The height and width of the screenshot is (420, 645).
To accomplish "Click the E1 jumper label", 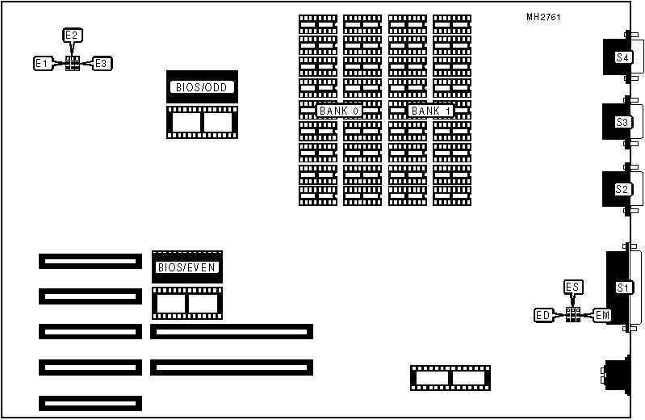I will (x=43, y=63).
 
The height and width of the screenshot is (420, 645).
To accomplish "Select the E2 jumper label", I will (x=73, y=36).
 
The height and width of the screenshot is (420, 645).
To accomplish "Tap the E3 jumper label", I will (x=102, y=63).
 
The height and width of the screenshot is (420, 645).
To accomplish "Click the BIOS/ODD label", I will (x=202, y=86).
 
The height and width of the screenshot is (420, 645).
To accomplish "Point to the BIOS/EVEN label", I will (x=187, y=267).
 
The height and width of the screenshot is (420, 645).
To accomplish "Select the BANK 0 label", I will (x=339, y=111).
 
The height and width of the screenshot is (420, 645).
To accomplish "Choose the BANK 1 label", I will (x=430, y=111).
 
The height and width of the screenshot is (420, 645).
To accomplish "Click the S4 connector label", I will (x=622, y=57).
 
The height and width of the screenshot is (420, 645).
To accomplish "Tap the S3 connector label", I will (x=622, y=122).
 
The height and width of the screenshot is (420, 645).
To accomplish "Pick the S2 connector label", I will (x=622, y=189).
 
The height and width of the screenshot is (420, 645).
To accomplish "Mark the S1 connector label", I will (x=622, y=288).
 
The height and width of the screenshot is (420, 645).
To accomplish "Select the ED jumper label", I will (x=543, y=314).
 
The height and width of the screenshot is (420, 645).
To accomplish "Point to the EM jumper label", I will (x=602, y=314).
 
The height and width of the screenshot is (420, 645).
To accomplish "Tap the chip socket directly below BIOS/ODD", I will (x=202, y=122).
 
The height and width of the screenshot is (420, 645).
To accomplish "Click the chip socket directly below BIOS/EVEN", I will (x=186, y=303).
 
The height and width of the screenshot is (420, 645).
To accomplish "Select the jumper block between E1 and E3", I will (x=73, y=63).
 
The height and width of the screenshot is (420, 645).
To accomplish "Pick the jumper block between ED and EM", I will (x=573, y=314).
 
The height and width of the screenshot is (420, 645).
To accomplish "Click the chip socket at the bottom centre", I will (x=450, y=378).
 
